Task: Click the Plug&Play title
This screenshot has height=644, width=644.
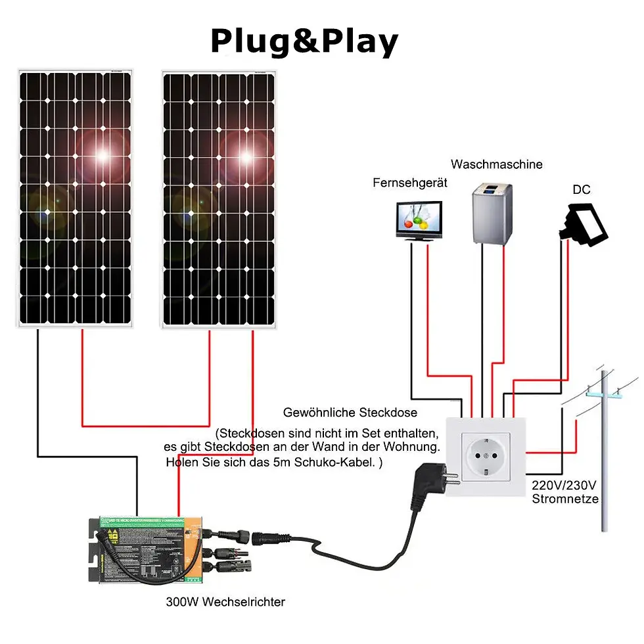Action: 304,41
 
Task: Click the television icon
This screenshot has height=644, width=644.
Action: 419,220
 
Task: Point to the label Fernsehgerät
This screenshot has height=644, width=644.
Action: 409,183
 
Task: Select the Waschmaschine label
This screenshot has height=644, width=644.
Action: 496,164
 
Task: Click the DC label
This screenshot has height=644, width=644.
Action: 581,190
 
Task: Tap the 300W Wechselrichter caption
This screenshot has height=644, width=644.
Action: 225,601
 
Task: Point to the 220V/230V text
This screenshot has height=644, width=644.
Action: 564,486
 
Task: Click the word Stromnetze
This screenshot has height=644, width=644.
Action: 565,499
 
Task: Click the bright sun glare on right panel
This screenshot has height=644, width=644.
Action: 246,157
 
